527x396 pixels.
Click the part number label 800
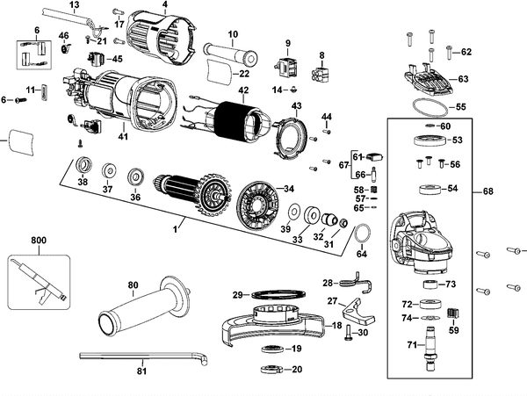point(39,241)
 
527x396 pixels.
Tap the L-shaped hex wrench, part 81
point(143,356)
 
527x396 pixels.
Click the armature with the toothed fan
point(192,195)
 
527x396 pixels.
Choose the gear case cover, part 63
point(429,81)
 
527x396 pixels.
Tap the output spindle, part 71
point(431,348)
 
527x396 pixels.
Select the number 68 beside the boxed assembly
point(488,191)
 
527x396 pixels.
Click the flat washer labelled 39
point(295,212)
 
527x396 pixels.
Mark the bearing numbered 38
point(83,166)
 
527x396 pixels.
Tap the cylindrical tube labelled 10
point(230,54)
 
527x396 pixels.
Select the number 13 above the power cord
point(75,5)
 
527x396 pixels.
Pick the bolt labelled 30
point(348,333)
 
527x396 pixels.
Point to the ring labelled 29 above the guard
point(278,294)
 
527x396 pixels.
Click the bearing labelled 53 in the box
point(430,140)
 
